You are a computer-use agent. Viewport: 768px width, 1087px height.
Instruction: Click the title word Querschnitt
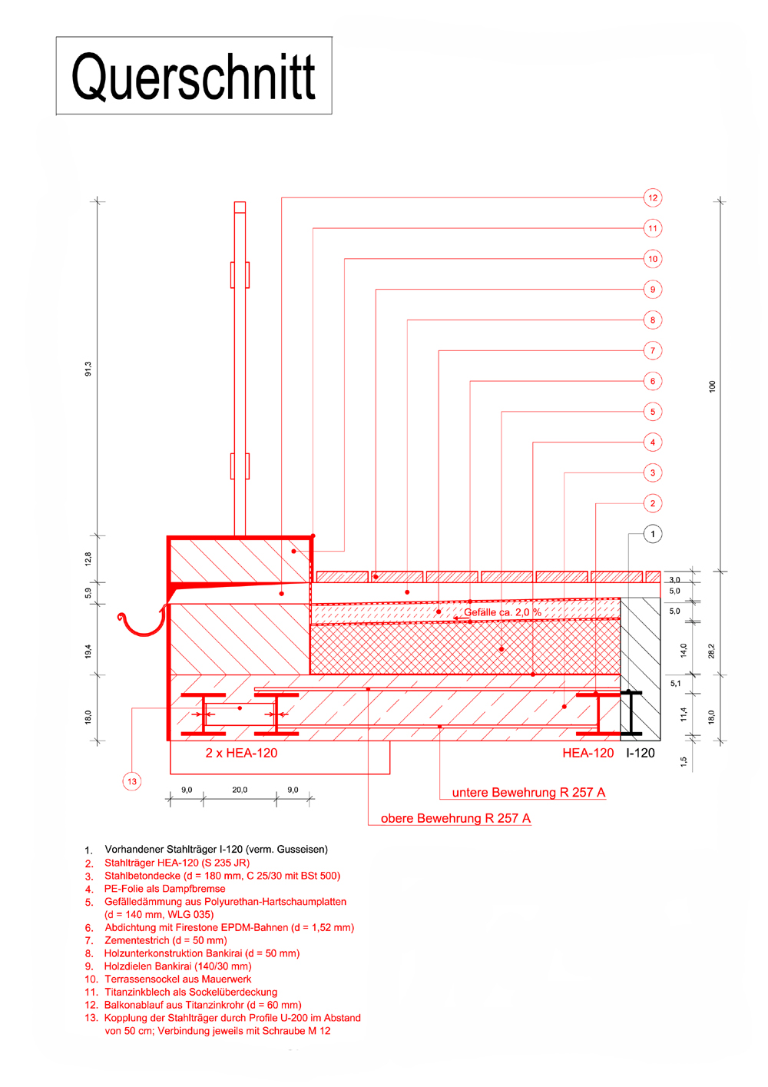194,77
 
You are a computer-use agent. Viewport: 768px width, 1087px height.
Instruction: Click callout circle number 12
652,197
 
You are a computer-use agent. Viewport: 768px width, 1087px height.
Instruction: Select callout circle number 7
652,350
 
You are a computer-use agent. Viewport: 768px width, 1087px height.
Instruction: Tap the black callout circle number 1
652,534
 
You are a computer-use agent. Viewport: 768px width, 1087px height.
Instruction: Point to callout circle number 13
132,781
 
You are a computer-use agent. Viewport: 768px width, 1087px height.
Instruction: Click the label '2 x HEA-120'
241,753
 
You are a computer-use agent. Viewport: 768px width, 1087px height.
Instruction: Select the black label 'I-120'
640,753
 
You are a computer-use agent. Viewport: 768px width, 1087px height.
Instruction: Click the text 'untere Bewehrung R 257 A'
528,792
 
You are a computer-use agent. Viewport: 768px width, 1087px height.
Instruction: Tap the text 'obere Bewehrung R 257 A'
455,818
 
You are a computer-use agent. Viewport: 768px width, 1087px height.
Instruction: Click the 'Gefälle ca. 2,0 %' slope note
502,612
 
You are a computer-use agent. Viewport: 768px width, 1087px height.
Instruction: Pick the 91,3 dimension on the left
88,369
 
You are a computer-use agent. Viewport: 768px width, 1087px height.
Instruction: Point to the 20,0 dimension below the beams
240,790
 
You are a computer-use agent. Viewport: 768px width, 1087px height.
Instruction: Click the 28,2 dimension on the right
711,651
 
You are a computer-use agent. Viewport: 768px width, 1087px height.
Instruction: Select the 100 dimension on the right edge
712,386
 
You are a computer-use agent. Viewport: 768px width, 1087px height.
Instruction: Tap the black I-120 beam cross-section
631,713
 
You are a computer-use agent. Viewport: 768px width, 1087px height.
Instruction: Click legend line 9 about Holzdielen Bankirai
177,966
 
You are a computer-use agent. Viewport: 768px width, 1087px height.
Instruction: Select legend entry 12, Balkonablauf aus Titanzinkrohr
202,1005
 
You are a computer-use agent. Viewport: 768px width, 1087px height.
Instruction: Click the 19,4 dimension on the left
88,651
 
